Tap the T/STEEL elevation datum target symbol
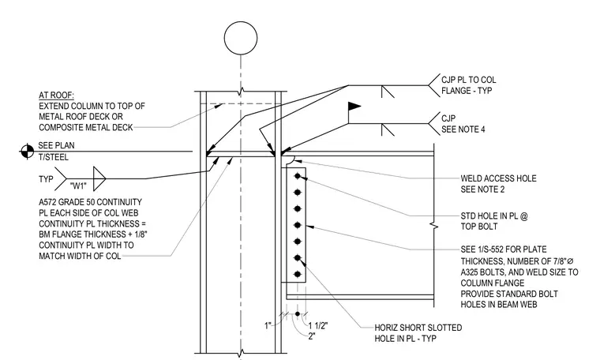point(27,152)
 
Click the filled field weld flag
point(354,107)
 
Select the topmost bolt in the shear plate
point(298,176)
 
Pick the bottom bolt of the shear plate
point(298,274)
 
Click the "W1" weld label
point(78,186)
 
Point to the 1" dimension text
point(268,325)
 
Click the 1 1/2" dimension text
point(318,325)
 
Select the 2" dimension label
point(312,336)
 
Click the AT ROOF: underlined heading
point(56,96)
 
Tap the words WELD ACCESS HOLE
point(498,178)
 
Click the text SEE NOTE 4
point(463,129)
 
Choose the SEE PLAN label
point(56,145)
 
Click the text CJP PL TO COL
point(468,80)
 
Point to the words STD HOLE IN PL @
point(493,216)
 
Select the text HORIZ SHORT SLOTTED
point(418,328)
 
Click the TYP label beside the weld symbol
point(46,179)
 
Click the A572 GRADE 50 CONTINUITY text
point(90,202)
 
